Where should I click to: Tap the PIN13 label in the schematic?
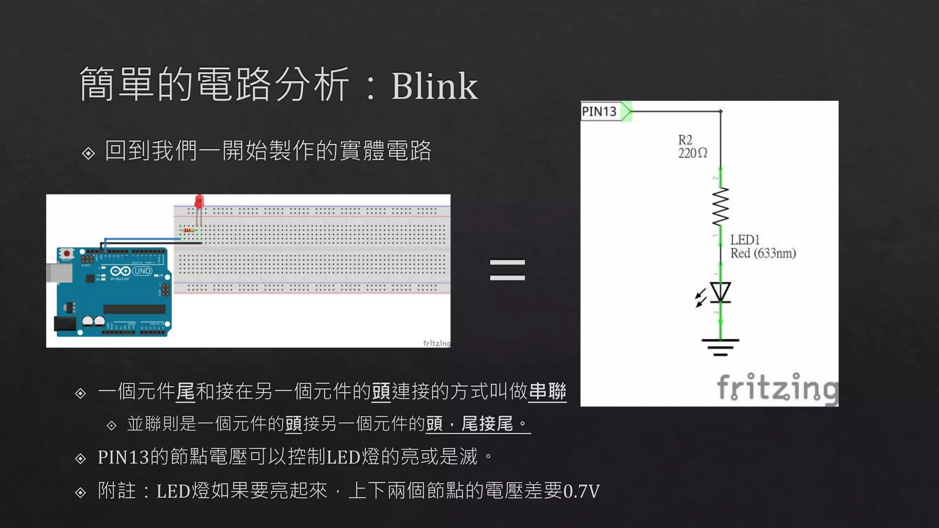point(599,111)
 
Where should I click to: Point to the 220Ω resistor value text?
point(692,153)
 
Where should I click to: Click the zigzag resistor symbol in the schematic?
point(720,207)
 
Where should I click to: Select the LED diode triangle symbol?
point(720,292)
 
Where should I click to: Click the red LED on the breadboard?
point(199,202)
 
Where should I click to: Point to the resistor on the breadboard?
point(188,230)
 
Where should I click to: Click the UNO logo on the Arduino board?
point(142,271)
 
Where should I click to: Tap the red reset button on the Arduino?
point(67,253)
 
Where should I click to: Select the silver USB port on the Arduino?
point(60,273)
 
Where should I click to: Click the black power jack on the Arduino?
point(65,323)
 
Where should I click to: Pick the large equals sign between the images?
point(507,269)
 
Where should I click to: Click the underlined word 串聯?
point(547,391)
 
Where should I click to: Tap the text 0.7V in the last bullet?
point(581,491)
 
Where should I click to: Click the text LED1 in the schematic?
point(745,240)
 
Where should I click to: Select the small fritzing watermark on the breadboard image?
point(436,343)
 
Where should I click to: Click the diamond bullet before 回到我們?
point(88,153)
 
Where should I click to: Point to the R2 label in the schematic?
point(685,140)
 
